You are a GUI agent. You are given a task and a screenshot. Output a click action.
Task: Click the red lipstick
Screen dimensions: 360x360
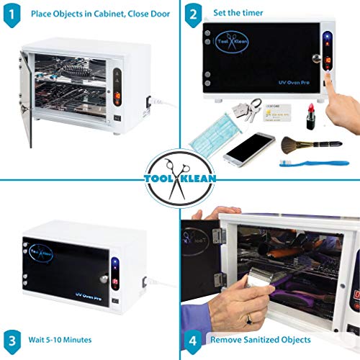pyautogui.click(x=310, y=116)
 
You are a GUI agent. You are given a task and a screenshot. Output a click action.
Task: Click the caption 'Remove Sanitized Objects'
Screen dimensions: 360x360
pyautogui.click(x=260, y=339)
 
